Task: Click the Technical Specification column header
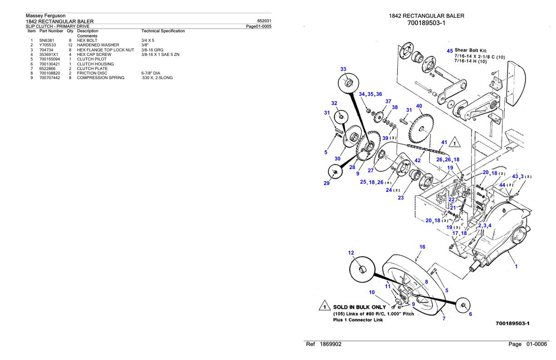[x=163, y=31]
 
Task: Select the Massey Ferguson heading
[x=46, y=16]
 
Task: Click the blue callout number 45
[x=450, y=51]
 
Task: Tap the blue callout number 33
[x=343, y=69]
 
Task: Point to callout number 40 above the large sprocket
[x=419, y=106]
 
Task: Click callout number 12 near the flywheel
[x=351, y=253]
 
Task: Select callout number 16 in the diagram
[x=422, y=247]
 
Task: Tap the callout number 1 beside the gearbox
[x=516, y=266]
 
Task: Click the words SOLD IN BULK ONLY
[x=359, y=307]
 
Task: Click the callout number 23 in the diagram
[x=400, y=198]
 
